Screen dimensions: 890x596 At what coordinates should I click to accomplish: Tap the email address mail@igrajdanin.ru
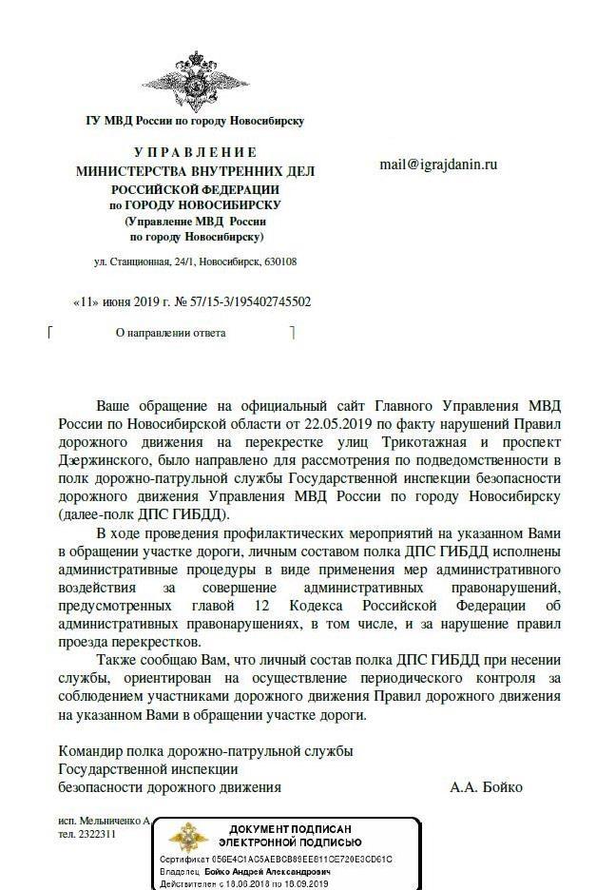click(438, 164)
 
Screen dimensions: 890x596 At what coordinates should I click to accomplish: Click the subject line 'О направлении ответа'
click(170, 334)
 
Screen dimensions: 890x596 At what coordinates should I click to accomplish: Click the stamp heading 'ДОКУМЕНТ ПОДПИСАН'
click(289, 830)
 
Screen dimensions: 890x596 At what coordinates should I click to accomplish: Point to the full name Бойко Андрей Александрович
click(269, 871)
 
